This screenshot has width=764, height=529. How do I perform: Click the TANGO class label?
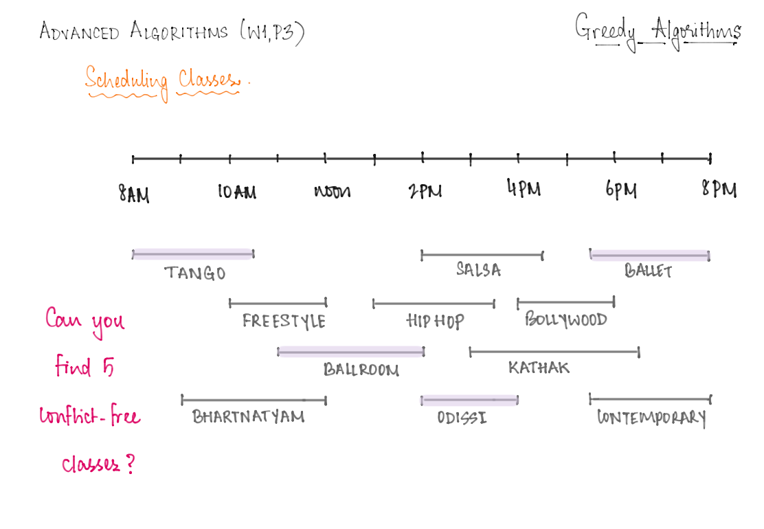195,273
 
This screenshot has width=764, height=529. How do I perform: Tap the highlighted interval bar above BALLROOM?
351,351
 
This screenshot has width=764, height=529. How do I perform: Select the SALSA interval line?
482,255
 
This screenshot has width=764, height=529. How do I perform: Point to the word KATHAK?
539,368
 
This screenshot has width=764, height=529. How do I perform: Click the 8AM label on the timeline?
134,194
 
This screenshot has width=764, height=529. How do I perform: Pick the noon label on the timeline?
333,192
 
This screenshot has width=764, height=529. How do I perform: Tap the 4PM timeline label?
524,188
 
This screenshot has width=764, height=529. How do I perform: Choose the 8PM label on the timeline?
719,188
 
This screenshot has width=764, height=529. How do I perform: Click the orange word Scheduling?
126,81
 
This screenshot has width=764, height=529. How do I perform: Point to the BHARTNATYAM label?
249,416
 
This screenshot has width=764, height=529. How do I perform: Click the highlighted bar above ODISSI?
470,401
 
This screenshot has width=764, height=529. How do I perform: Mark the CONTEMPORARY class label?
651,418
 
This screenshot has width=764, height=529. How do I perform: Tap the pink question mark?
130,464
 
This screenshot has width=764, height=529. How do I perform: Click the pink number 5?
108,367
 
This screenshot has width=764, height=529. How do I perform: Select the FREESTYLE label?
284,321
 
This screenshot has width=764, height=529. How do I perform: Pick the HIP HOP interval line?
434,304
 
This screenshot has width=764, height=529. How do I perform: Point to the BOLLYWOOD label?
565,319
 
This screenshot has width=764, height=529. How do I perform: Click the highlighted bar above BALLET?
649,256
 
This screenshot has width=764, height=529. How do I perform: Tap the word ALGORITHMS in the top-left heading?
179,31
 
